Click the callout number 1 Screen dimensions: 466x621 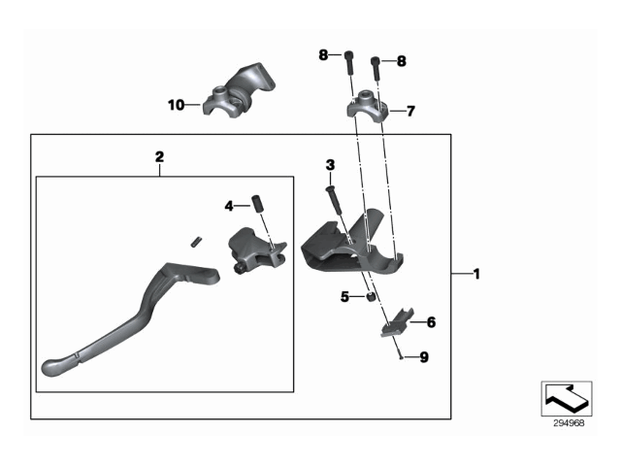point(475,275)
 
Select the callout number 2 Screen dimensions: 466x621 point(159,155)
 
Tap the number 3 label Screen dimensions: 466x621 point(330,164)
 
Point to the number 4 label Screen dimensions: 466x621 point(229,206)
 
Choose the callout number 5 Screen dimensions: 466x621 point(344,297)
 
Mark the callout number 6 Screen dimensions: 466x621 point(432,321)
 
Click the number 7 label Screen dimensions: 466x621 point(409,111)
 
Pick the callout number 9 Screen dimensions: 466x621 point(423,357)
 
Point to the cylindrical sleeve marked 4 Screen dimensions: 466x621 point(259,205)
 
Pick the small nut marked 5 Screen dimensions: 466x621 point(371,297)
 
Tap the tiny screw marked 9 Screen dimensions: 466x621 point(400,357)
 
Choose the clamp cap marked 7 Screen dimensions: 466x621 point(367,104)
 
